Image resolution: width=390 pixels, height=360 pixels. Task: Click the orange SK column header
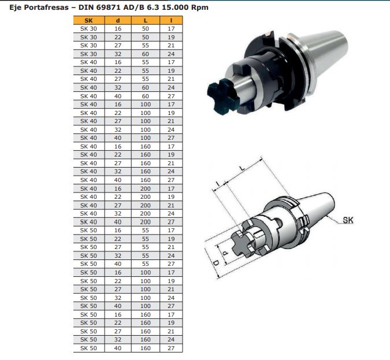pyautogui.click(x=89, y=20)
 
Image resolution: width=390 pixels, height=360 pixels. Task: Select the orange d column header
pyautogui.click(x=118, y=20)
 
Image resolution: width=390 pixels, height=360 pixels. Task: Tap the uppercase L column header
pyautogui.click(x=145, y=20)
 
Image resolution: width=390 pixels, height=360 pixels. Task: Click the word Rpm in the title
pyautogui.click(x=199, y=8)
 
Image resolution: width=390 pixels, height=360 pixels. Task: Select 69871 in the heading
pyautogui.click(x=107, y=7)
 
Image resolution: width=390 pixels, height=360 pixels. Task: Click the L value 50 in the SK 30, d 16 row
pyautogui.click(x=146, y=29)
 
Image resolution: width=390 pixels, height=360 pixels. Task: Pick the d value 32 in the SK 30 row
pyautogui.click(x=118, y=54)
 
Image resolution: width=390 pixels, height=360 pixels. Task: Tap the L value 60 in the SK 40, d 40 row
pyautogui.click(x=146, y=96)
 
